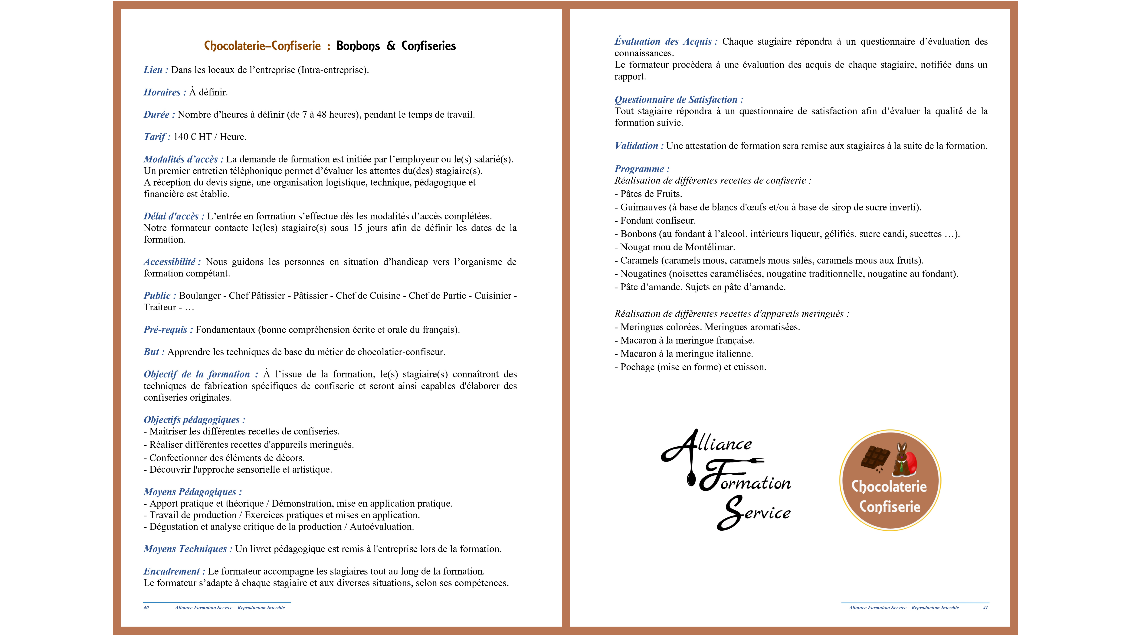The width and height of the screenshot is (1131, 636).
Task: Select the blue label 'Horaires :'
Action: pos(165,92)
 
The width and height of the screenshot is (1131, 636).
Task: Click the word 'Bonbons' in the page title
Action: pos(358,46)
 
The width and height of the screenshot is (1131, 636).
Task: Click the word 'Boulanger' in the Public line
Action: pos(200,296)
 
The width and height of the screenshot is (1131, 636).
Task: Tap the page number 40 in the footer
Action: pos(146,608)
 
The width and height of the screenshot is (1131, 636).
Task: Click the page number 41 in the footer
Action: pos(985,608)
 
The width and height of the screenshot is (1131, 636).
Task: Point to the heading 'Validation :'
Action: pos(639,146)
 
